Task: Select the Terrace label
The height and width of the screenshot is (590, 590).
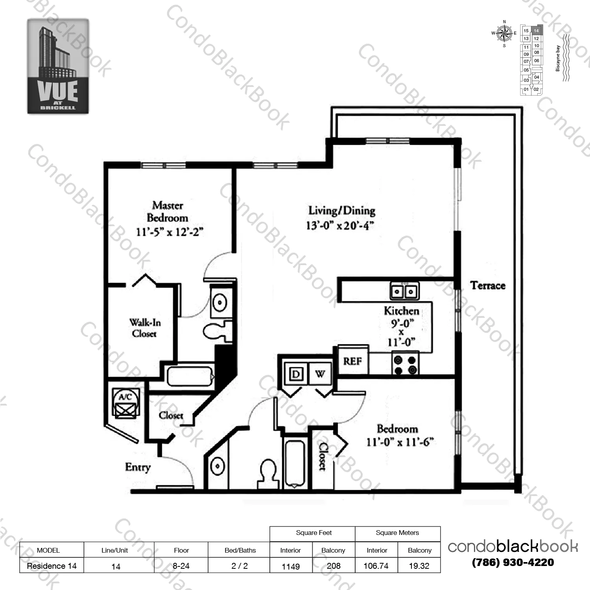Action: (x=488, y=286)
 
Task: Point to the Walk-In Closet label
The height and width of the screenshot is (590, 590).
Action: (x=145, y=328)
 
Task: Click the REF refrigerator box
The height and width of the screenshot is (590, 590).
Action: (x=352, y=361)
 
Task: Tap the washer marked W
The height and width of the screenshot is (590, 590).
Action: (x=320, y=374)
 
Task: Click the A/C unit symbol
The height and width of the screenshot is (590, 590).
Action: (x=125, y=402)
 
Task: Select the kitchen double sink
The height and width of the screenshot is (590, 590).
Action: (x=404, y=291)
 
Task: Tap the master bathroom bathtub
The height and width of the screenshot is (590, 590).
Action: (x=190, y=376)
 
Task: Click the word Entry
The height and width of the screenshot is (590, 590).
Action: (x=138, y=467)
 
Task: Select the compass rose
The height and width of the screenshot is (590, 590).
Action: (x=504, y=33)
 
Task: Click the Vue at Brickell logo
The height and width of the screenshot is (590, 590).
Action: (x=58, y=66)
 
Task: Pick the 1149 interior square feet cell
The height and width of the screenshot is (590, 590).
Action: (x=291, y=566)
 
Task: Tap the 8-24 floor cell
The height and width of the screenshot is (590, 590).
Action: (x=181, y=566)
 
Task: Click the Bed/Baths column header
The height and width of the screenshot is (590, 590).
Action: (x=240, y=550)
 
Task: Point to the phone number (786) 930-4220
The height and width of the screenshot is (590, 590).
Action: (x=513, y=562)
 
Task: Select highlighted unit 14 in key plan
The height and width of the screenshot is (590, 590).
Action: (x=537, y=31)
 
